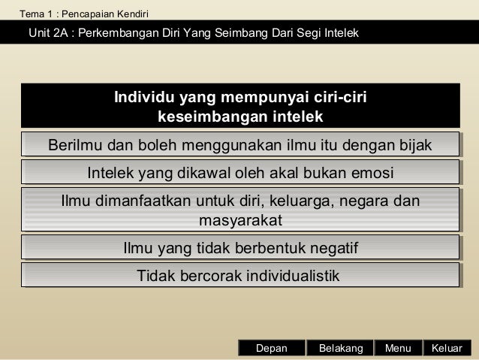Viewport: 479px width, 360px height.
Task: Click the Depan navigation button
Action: tap(271, 349)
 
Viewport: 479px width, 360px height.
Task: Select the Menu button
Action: tap(398, 349)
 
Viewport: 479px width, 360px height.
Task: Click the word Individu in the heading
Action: tap(145, 98)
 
